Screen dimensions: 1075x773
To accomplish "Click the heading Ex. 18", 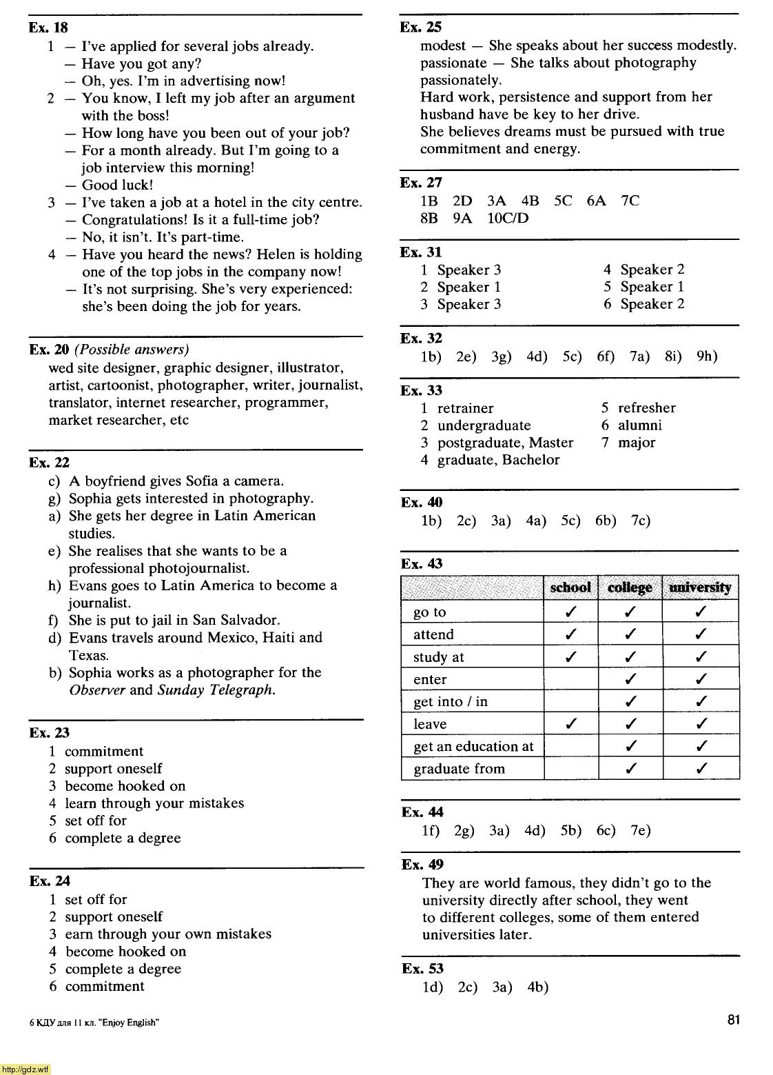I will [x=48, y=28].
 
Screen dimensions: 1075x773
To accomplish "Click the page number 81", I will [x=733, y=1019].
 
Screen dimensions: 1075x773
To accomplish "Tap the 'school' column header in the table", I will [x=570, y=587].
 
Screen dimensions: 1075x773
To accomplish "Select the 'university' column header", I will [x=699, y=587].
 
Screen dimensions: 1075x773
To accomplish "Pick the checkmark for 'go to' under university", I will [x=700, y=612].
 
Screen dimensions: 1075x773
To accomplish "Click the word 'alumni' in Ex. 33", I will [x=639, y=425].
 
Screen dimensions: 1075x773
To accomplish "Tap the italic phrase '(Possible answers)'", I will [x=132, y=350].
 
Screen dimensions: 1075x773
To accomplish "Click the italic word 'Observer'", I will [x=97, y=690].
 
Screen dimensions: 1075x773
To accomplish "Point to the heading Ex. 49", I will [x=422, y=865].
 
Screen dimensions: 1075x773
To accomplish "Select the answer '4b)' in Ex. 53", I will [x=538, y=987].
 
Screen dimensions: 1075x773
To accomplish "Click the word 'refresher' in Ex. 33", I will [x=646, y=408].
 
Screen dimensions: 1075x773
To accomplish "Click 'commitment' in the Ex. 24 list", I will [x=105, y=986].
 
